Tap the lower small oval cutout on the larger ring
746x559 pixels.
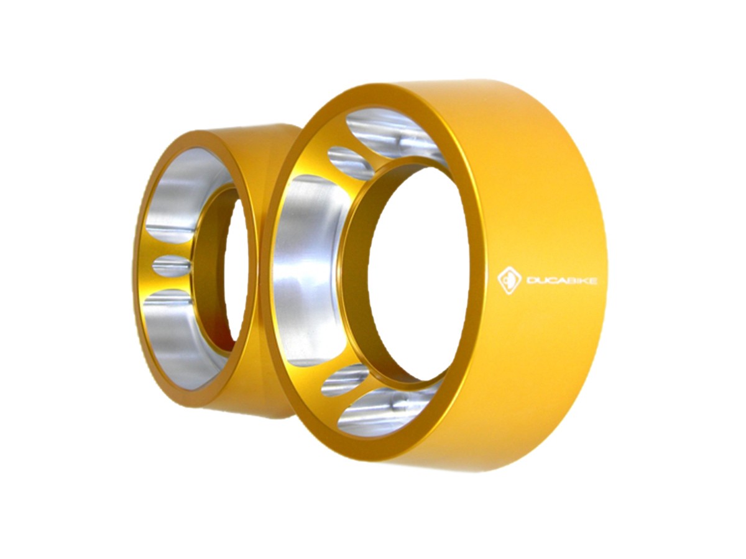pos(345,380)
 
